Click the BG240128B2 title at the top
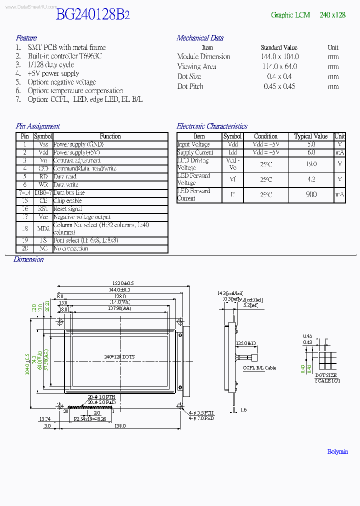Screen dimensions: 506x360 click(92, 15)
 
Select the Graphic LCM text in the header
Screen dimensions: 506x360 click(290, 15)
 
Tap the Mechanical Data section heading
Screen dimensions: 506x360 click(200, 38)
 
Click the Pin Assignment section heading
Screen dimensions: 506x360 click(37, 126)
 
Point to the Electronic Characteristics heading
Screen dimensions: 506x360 click(212, 126)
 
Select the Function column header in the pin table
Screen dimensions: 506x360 click(110, 136)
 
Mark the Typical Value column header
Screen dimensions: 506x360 click(310, 136)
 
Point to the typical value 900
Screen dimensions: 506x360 click(311, 194)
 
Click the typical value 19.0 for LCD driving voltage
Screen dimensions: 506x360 click(311, 164)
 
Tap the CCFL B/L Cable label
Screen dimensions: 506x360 click(259, 368)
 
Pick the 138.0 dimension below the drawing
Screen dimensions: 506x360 click(119, 425)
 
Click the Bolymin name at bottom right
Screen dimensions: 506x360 click(337, 451)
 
